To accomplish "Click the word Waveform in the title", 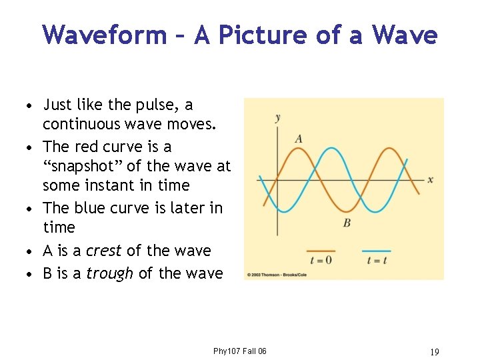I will coord(104,35).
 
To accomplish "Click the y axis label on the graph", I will coord(277,119).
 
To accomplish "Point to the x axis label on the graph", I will coord(430,179).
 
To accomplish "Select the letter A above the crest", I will coord(299,139).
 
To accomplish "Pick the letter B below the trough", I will coord(347,223).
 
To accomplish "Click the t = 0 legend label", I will coord(321,260).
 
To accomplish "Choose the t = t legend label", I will coord(377,260).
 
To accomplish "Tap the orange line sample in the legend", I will coord(321,251).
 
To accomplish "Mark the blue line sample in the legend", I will coord(376,251).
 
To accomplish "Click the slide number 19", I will coord(435,351).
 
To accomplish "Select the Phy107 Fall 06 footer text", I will coord(239,351).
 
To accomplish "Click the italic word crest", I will coord(103,251).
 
